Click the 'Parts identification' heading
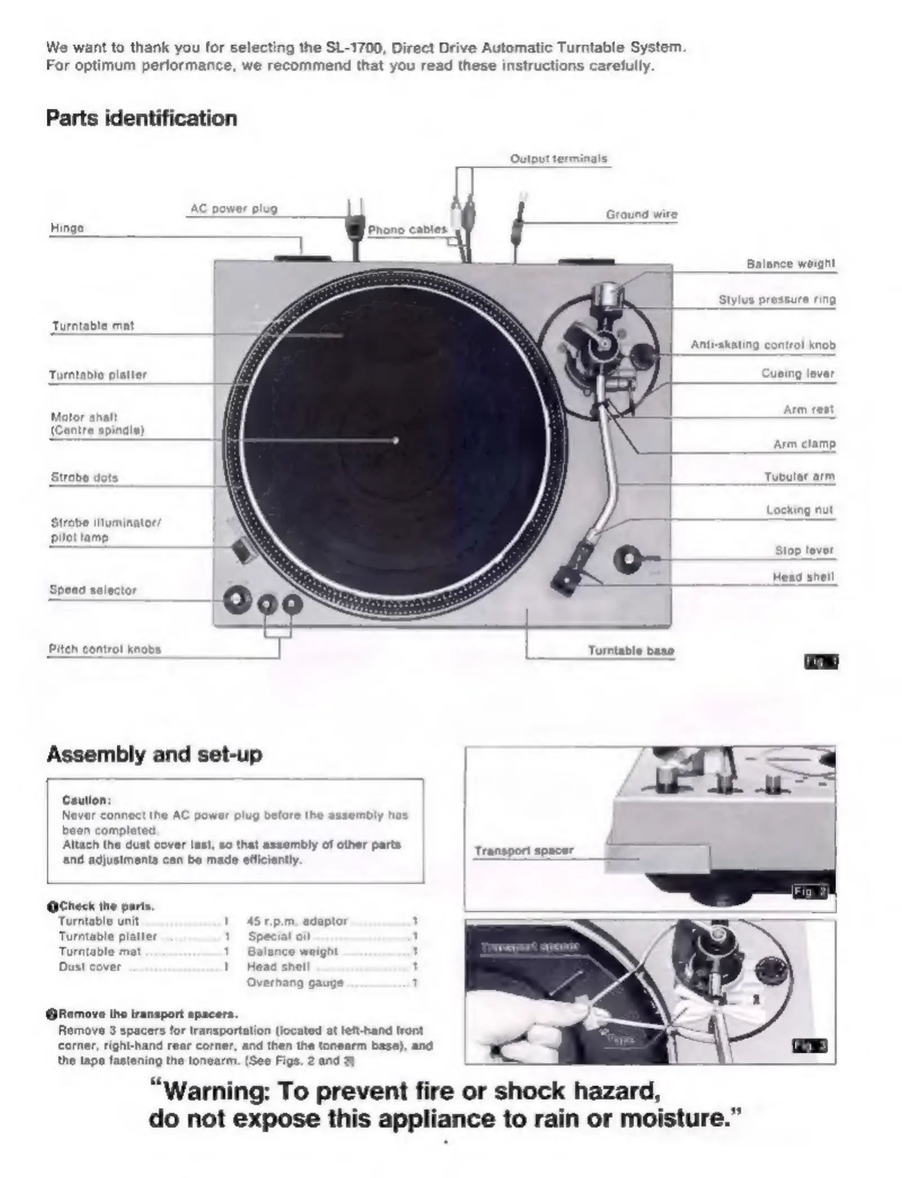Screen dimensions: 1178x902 coord(141,119)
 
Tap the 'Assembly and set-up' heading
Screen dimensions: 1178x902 coord(154,754)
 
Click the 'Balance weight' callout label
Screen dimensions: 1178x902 coord(790,264)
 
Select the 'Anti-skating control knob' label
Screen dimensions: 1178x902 coord(763,345)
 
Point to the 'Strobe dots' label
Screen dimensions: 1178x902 coord(85,477)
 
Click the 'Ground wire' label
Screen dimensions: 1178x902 coord(642,214)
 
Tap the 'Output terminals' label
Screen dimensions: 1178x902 coord(558,159)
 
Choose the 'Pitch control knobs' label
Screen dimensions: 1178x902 coord(105,649)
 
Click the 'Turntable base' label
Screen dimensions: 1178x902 coord(631,650)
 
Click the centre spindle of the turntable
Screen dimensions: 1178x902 coord(396,440)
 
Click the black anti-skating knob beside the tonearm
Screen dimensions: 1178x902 coord(642,355)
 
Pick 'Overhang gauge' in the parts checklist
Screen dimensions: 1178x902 coord(295,982)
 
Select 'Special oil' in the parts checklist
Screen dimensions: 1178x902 coord(279,936)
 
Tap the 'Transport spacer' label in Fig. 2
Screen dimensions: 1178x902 coord(524,851)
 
